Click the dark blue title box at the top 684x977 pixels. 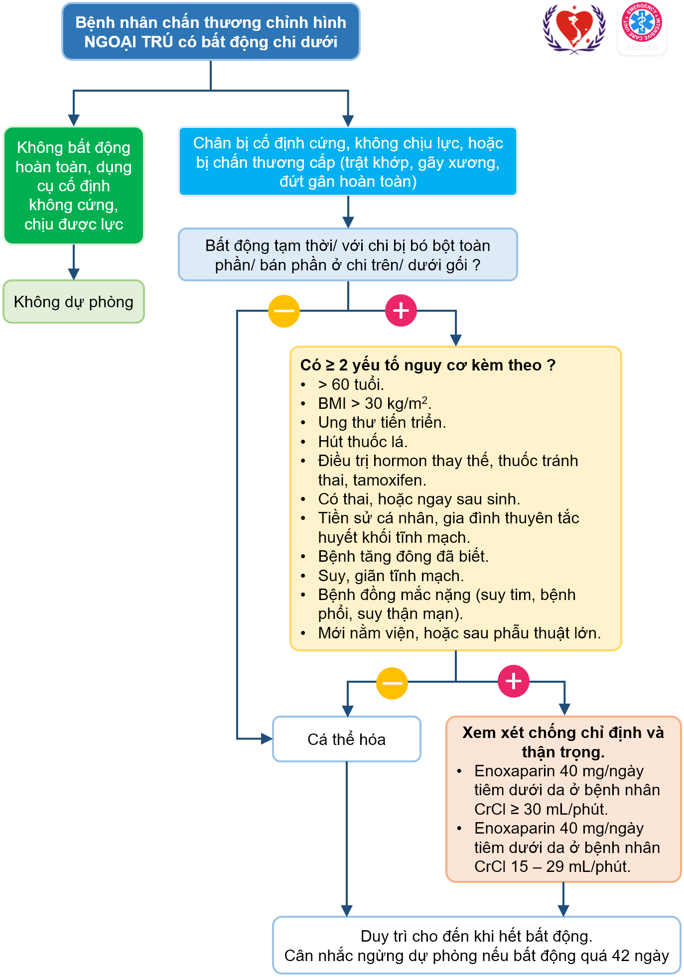pyautogui.click(x=211, y=31)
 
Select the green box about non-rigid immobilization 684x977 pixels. pyautogui.click(x=74, y=186)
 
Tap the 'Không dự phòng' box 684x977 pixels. pyautogui.click(x=74, y=302)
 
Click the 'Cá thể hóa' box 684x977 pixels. pyautogui.click(x=347, y=739)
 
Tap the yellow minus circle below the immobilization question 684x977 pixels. pyautogui.click(x=284, y=311)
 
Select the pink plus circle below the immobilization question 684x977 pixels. pyautogui.click(x=401, y=311)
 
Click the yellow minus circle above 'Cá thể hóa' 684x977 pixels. pyautogui.click(x=392, y=683)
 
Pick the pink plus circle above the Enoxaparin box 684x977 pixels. pyautogui.click(x=514, y=681)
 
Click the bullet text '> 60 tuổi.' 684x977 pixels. pyautogui.click(x=351, y=384)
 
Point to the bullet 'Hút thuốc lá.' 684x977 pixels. pyautogui.click(x=363, y=442)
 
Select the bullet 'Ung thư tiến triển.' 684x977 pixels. pyautogui.click(x=382, y=422)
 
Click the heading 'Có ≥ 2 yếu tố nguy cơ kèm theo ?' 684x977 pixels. pyautogui.click(x=428, y=365)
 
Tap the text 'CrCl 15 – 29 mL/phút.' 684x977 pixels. pyautogui.click(x=552, y=866)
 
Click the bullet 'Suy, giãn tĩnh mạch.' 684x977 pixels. pyautogui.click(x=391, y=576)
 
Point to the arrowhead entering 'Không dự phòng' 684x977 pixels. pyautogui.click(x=74, y=274)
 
